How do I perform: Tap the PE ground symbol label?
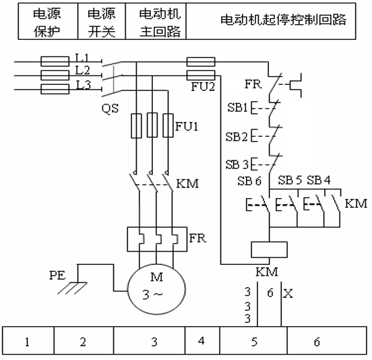[57, 275]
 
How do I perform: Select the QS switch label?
[110, 109]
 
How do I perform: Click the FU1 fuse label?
[187, 126]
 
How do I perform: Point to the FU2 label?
[203, 86]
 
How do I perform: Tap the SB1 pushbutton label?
[238, 107]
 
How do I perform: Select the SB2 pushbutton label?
[237, 137]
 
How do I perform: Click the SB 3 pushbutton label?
[237, 164]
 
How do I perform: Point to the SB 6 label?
[249, 181]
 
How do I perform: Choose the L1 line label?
[82, 57]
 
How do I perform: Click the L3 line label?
[83, 85]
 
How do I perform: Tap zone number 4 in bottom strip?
[201, 340]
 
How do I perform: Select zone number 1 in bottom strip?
[27, 342]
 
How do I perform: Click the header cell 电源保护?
[48, 22]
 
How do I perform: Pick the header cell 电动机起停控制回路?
[271, 22]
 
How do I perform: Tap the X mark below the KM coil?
[288, 293]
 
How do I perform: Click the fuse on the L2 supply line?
[55, 76]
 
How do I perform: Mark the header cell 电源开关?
[102, 22]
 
